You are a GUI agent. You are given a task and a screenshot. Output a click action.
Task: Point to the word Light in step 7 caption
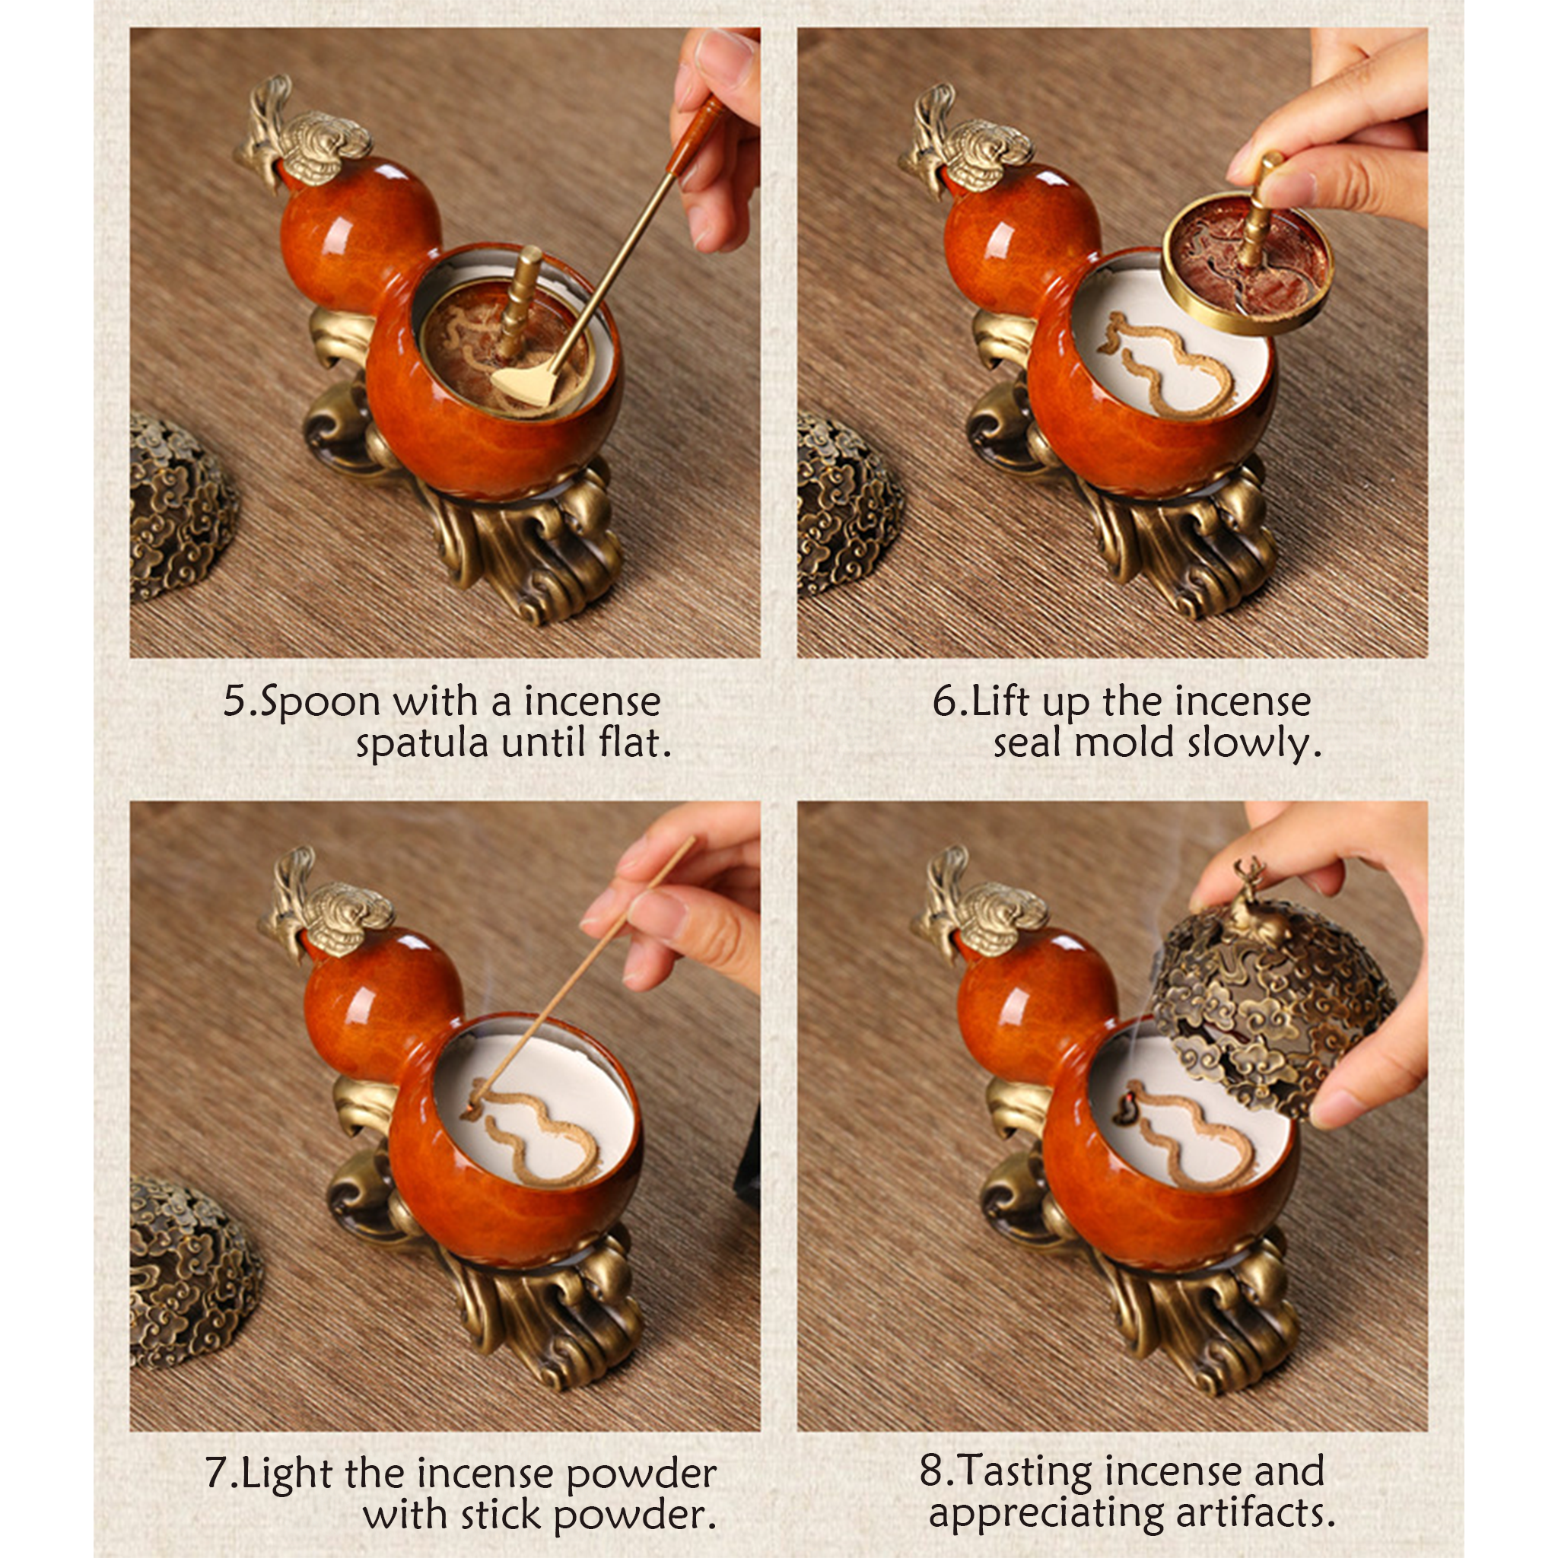(x=288, y=1473)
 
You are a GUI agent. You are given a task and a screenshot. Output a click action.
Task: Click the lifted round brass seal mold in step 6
(x=1247, y=262)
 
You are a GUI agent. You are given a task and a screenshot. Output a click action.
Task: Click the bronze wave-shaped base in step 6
(x=1145, y=516)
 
